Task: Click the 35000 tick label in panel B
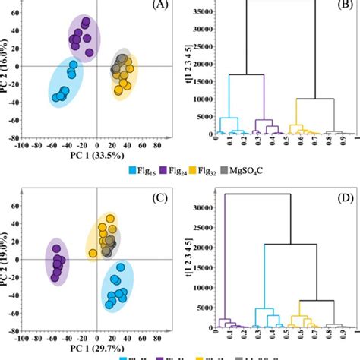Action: (199, 12)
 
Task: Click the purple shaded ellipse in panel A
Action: (83, 37)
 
